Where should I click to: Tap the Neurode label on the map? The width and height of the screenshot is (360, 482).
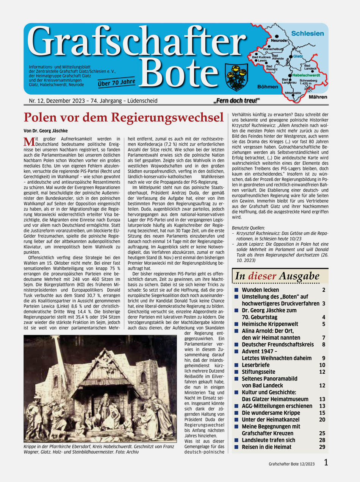click(279, 40)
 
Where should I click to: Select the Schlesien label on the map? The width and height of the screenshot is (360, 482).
click(307, 33)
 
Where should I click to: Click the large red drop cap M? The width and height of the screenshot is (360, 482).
click(29, 142)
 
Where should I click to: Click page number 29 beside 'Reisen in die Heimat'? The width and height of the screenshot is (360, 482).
click(322, 447)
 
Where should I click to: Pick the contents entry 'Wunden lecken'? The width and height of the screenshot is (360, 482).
click(260, 290)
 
